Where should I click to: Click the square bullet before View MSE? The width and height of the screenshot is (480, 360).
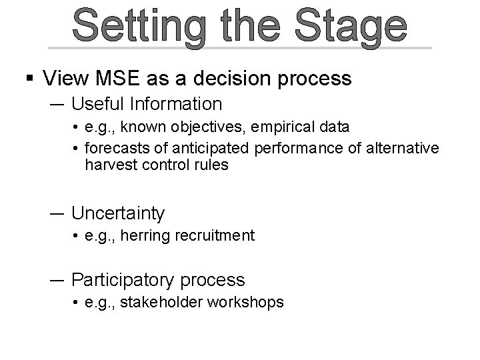click(x=30, y=79)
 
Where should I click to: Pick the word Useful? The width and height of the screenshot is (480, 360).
click(x=99, y=104)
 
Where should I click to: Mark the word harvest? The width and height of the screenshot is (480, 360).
click(x=109, y=165)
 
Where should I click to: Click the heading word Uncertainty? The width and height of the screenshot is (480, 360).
click(x=118, y=213)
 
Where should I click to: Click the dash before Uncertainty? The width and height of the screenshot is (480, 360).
click(x=57, y=213)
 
